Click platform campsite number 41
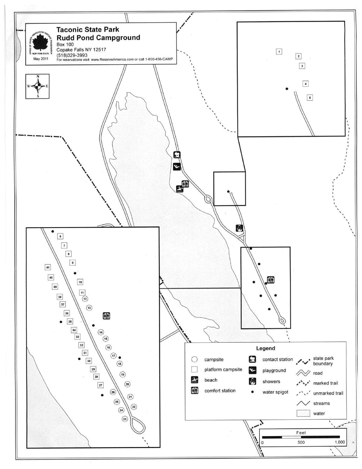47,267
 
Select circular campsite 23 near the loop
125,419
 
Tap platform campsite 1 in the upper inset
279,52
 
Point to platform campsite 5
310,98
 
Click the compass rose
38,86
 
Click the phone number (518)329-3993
72,55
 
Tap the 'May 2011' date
40,59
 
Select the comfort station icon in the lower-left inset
106,316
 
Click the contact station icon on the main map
177,155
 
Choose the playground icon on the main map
177,166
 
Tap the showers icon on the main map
240,228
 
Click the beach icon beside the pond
179,189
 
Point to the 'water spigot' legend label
275,392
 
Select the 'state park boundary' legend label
323,361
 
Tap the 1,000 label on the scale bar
339,442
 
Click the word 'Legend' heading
265,348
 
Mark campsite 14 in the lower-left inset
101,332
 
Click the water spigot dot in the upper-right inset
287,89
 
